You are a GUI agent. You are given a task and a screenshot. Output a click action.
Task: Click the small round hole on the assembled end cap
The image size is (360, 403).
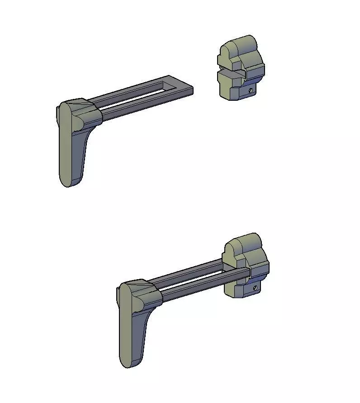click(x=255, y=287)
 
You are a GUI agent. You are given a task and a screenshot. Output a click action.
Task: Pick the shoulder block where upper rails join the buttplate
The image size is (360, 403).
click(x=88, y=113)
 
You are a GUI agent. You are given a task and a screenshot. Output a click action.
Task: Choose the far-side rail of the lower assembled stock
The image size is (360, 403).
click(x=190, y=270)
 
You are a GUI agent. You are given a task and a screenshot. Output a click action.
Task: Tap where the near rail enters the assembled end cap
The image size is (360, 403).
click(x=244, y=273)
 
